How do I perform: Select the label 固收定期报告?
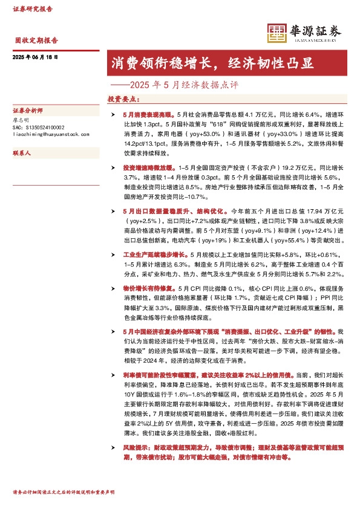click(36, 41)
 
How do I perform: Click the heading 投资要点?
click(123, 98)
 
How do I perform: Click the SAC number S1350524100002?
click(38, 128)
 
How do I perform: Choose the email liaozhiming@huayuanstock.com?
click(51, 135)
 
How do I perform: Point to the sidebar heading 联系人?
click(21, 154)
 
